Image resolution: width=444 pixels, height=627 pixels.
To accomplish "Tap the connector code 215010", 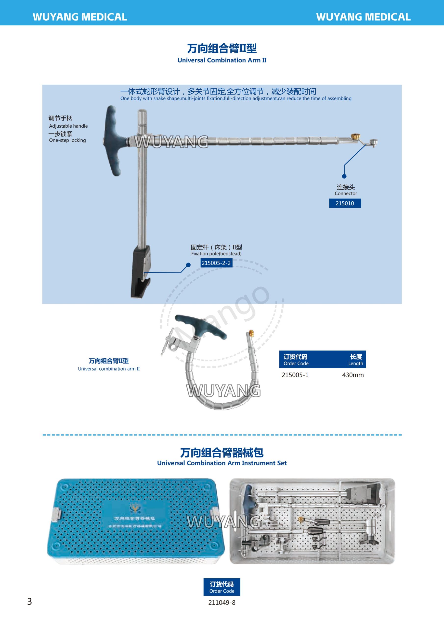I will [x=345, y=203].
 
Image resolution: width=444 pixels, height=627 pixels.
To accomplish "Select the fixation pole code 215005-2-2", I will [x=216, y=263].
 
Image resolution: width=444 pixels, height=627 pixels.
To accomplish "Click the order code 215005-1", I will [x=295, y=375].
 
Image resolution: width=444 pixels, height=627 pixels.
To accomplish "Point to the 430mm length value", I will [x=353, y=375].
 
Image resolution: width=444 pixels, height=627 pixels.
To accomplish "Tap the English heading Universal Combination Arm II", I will [x=222, y=60].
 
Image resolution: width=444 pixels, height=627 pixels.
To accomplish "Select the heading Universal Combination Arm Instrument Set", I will [x=222, y=463].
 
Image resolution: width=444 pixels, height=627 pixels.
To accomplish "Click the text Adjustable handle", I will [x=68, y=126].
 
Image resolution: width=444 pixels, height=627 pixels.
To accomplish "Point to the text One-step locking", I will [x=67, y=140].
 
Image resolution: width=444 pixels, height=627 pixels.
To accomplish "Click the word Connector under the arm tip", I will [x=346, y=193].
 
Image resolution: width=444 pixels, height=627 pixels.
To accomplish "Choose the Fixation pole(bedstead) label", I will [x=216, y=253].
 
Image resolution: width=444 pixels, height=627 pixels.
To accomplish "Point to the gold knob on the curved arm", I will [x=251, y=333].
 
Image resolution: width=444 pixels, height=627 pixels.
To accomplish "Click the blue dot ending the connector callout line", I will [x=344, y=176].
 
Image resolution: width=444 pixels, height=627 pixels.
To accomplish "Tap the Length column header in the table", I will [x=355, y=360].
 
